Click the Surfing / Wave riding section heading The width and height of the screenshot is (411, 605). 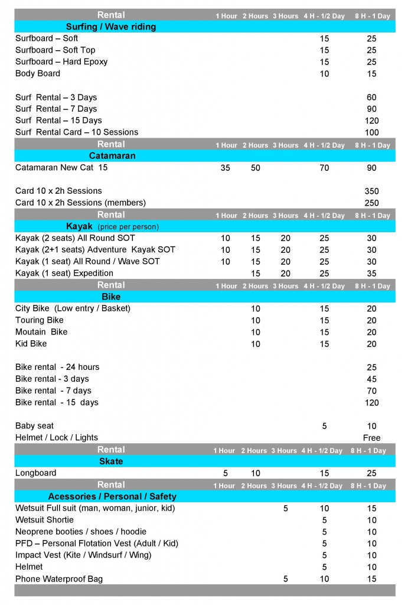point(111,27)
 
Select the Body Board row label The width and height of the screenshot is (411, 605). point(38,74)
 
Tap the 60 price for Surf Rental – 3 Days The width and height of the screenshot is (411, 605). point(371,97)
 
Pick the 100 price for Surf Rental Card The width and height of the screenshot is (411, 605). point(371,133)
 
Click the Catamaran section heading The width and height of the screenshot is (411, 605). point(112,156)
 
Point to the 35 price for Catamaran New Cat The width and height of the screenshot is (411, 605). point(225,168)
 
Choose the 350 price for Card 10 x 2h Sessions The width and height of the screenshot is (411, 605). point(371,191)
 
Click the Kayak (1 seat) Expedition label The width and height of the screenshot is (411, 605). point(64,274)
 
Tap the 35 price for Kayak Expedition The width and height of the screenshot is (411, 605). point(371,274)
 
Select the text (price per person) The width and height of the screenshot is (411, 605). point(128,227)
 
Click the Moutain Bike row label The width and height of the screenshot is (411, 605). point(41,332)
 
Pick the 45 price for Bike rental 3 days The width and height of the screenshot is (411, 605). point(371,379)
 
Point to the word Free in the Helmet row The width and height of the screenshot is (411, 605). point(371,438)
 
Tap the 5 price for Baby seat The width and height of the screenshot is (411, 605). point(324,426)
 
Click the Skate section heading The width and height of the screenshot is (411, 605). point(111,461)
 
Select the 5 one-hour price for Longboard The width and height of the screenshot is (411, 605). point(225,473)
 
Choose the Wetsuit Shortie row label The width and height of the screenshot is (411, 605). point(45,520)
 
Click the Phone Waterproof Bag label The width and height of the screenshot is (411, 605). point(59,579)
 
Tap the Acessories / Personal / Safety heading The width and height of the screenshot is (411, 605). point(112,496)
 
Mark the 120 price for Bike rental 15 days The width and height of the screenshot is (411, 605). point(371,403)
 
